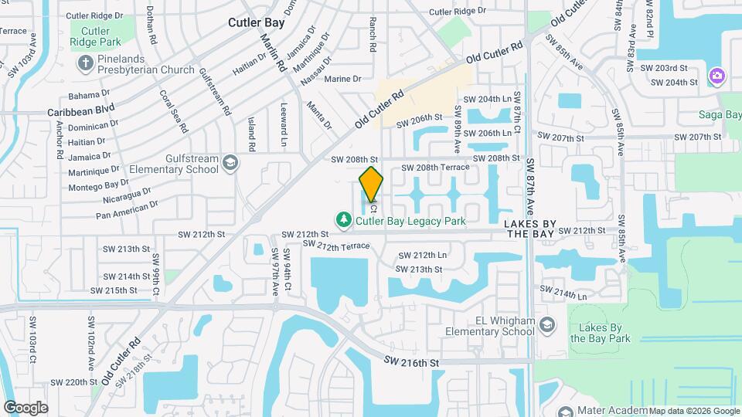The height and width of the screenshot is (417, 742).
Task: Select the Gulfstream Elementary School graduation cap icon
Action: [230, 163]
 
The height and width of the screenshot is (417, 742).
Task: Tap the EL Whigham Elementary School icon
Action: [548, 324]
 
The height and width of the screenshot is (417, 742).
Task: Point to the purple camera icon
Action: [717, 76]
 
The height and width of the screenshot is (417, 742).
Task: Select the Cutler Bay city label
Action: [257, 22]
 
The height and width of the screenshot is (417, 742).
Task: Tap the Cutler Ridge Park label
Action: [95, 37]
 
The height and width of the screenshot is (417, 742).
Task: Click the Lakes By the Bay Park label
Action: [600, 332]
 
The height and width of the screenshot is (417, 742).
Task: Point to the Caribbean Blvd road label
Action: [80, 110]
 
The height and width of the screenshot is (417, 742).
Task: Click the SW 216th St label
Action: [411, 362]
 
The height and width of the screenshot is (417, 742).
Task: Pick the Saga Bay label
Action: [723, 115]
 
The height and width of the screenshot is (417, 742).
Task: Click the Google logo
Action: [26, 407]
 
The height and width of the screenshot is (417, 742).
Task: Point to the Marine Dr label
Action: [342, 79]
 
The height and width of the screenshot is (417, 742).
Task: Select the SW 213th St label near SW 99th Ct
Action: [126, 249]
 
